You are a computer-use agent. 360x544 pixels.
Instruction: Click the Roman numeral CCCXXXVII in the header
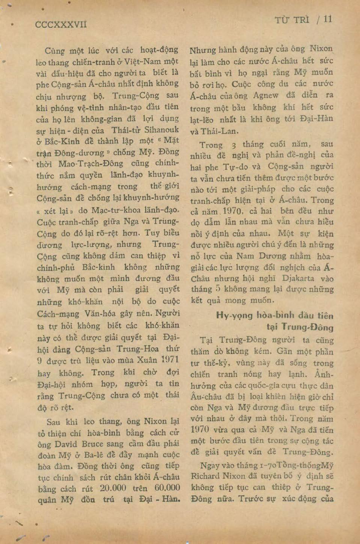[61, 25]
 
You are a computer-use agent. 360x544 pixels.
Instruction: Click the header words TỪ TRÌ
[292, 20]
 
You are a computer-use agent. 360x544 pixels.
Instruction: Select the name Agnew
[265, 95]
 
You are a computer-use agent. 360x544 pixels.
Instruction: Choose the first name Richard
[205, 476]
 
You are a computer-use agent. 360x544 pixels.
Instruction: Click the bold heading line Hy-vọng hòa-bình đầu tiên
[275, 315]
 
